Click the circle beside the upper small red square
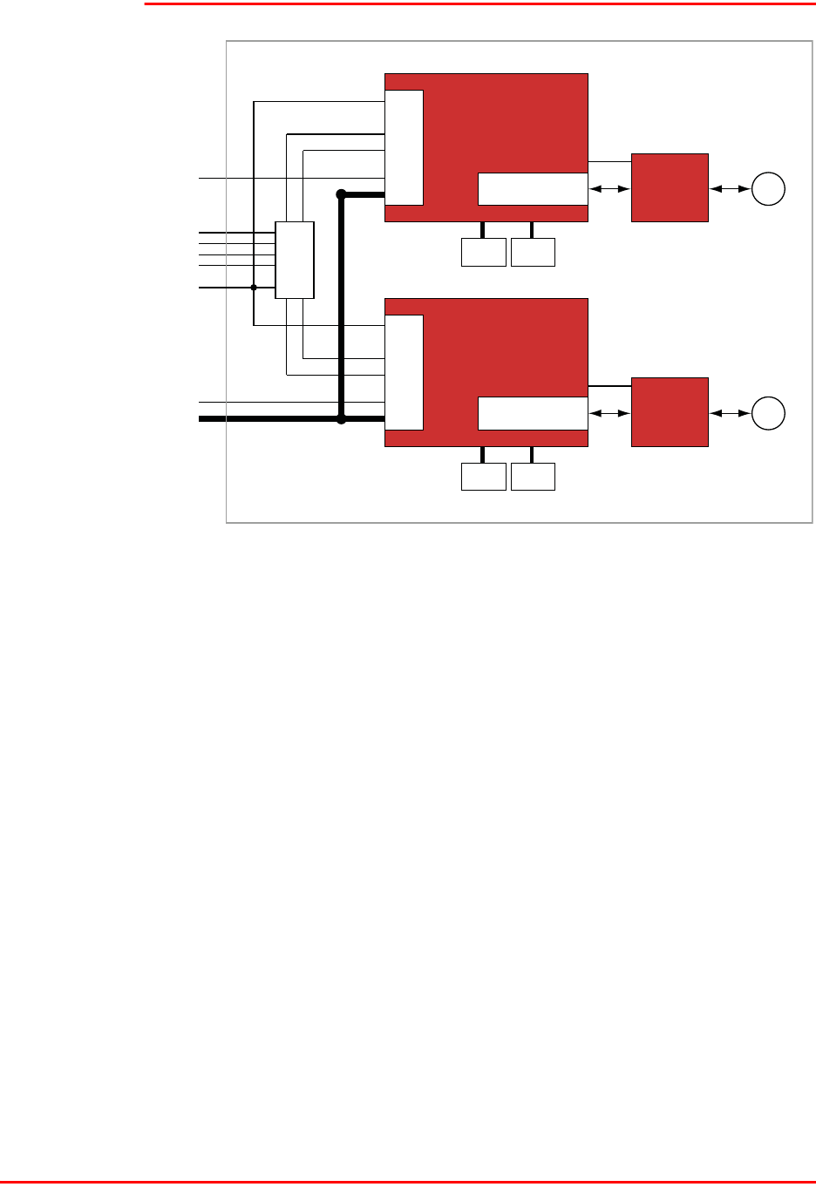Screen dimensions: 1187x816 pyautogui.click(x=769, y=189)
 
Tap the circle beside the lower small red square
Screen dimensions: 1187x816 pyautogui.click(x=769, y=413)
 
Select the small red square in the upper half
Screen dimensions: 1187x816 pyautogui.click(x=670, y=187)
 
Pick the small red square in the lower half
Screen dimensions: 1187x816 pyautogui.click(x=670, y=412)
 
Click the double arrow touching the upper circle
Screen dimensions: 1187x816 pyautogui.click(x=730, y=188)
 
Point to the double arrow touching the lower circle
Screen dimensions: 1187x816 pyautogui.click(x=730, y=413)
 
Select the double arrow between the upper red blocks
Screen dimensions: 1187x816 pyautogui.click(x=609, y=188)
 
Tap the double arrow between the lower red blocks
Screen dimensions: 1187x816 pyautogui.click(x=609, y=413)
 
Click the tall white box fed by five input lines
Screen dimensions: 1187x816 pyautogui.click(x=294, y=260)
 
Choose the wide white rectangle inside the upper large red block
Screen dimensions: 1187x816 pyautogui.click(x=533, y=188)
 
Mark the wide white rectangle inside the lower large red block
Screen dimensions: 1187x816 pyautogui.click(x=533, y=413)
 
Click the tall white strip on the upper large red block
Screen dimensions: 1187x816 pyautogui.click(x=405, y=147)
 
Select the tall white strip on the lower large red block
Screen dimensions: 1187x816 pyautogui.click(x=405, y=372)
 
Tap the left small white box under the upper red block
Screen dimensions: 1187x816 pyautogui.click(x=483, y=253)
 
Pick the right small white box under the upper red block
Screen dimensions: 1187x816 pyautogui.click(x=533, y=253)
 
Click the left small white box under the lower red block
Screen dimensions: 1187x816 pyautogui.click(x=483, y=477)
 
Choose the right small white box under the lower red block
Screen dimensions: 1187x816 pyautogui.click(x=533, y=477)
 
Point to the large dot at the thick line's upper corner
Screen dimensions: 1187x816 pyautogui.click(x=342, y=193)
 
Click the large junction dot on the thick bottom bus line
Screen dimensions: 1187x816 pyautogui.click(x=342, y=419)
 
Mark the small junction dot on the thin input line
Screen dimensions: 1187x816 pyautogui.click(x=254, y=287)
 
